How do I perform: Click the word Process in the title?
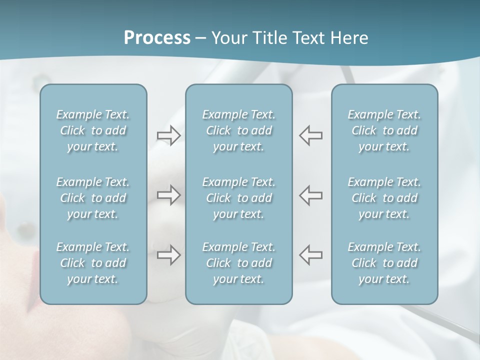pos(157,38)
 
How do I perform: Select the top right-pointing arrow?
pos(168,135)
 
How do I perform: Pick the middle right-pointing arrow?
pos(168,195)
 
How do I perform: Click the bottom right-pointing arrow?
pos(168,255)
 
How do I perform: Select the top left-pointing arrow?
pos(310,135)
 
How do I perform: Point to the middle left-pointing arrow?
pos(310,195)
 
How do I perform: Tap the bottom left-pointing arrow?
pos(310,255)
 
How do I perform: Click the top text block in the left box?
pos(93,130)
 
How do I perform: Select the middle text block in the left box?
pos(93,198)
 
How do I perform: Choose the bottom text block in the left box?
pos(93,263)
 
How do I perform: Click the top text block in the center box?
pos(238,130)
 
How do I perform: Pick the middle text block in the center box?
pos(238,198)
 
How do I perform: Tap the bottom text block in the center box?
pos(238,263)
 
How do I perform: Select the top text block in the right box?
pos(384,130)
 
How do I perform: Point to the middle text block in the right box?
pos(384,198)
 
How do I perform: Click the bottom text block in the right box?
pos(384,263)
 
